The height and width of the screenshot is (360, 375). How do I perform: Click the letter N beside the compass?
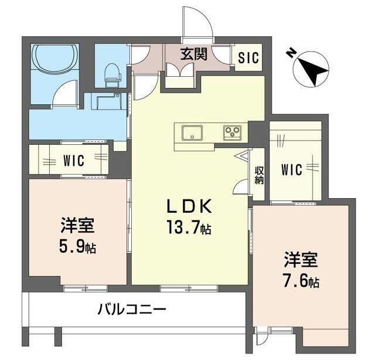(291, 53)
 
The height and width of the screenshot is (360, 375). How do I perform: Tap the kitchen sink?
(190, 133)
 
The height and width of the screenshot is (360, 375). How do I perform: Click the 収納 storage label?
(258, 175)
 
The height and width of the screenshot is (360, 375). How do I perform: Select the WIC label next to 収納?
(291, 170)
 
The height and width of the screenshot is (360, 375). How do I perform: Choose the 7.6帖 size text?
(301, 281)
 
